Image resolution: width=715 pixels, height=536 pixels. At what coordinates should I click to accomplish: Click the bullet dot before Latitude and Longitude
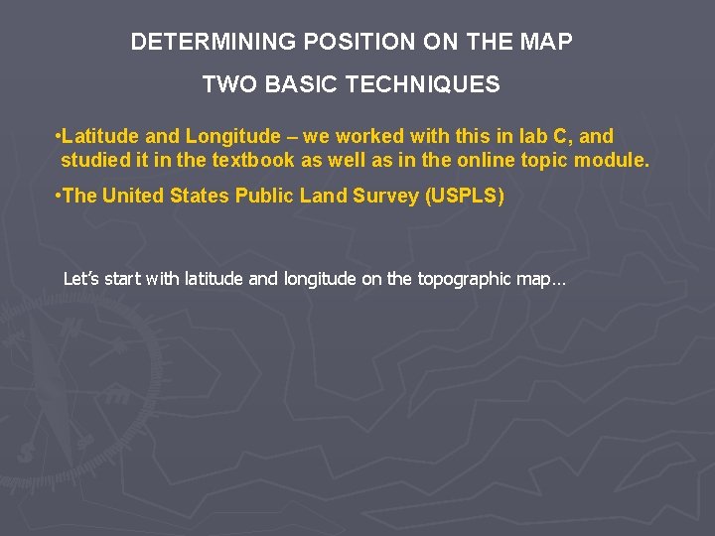click(x=59, y=136)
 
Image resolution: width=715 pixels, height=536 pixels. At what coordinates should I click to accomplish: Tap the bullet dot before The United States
click(x=59, y=197)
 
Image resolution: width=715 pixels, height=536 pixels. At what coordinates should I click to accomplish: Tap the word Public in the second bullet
click(x=261, y=197)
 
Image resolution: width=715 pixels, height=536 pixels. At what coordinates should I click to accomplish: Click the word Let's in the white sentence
click(x=81, y=279)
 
